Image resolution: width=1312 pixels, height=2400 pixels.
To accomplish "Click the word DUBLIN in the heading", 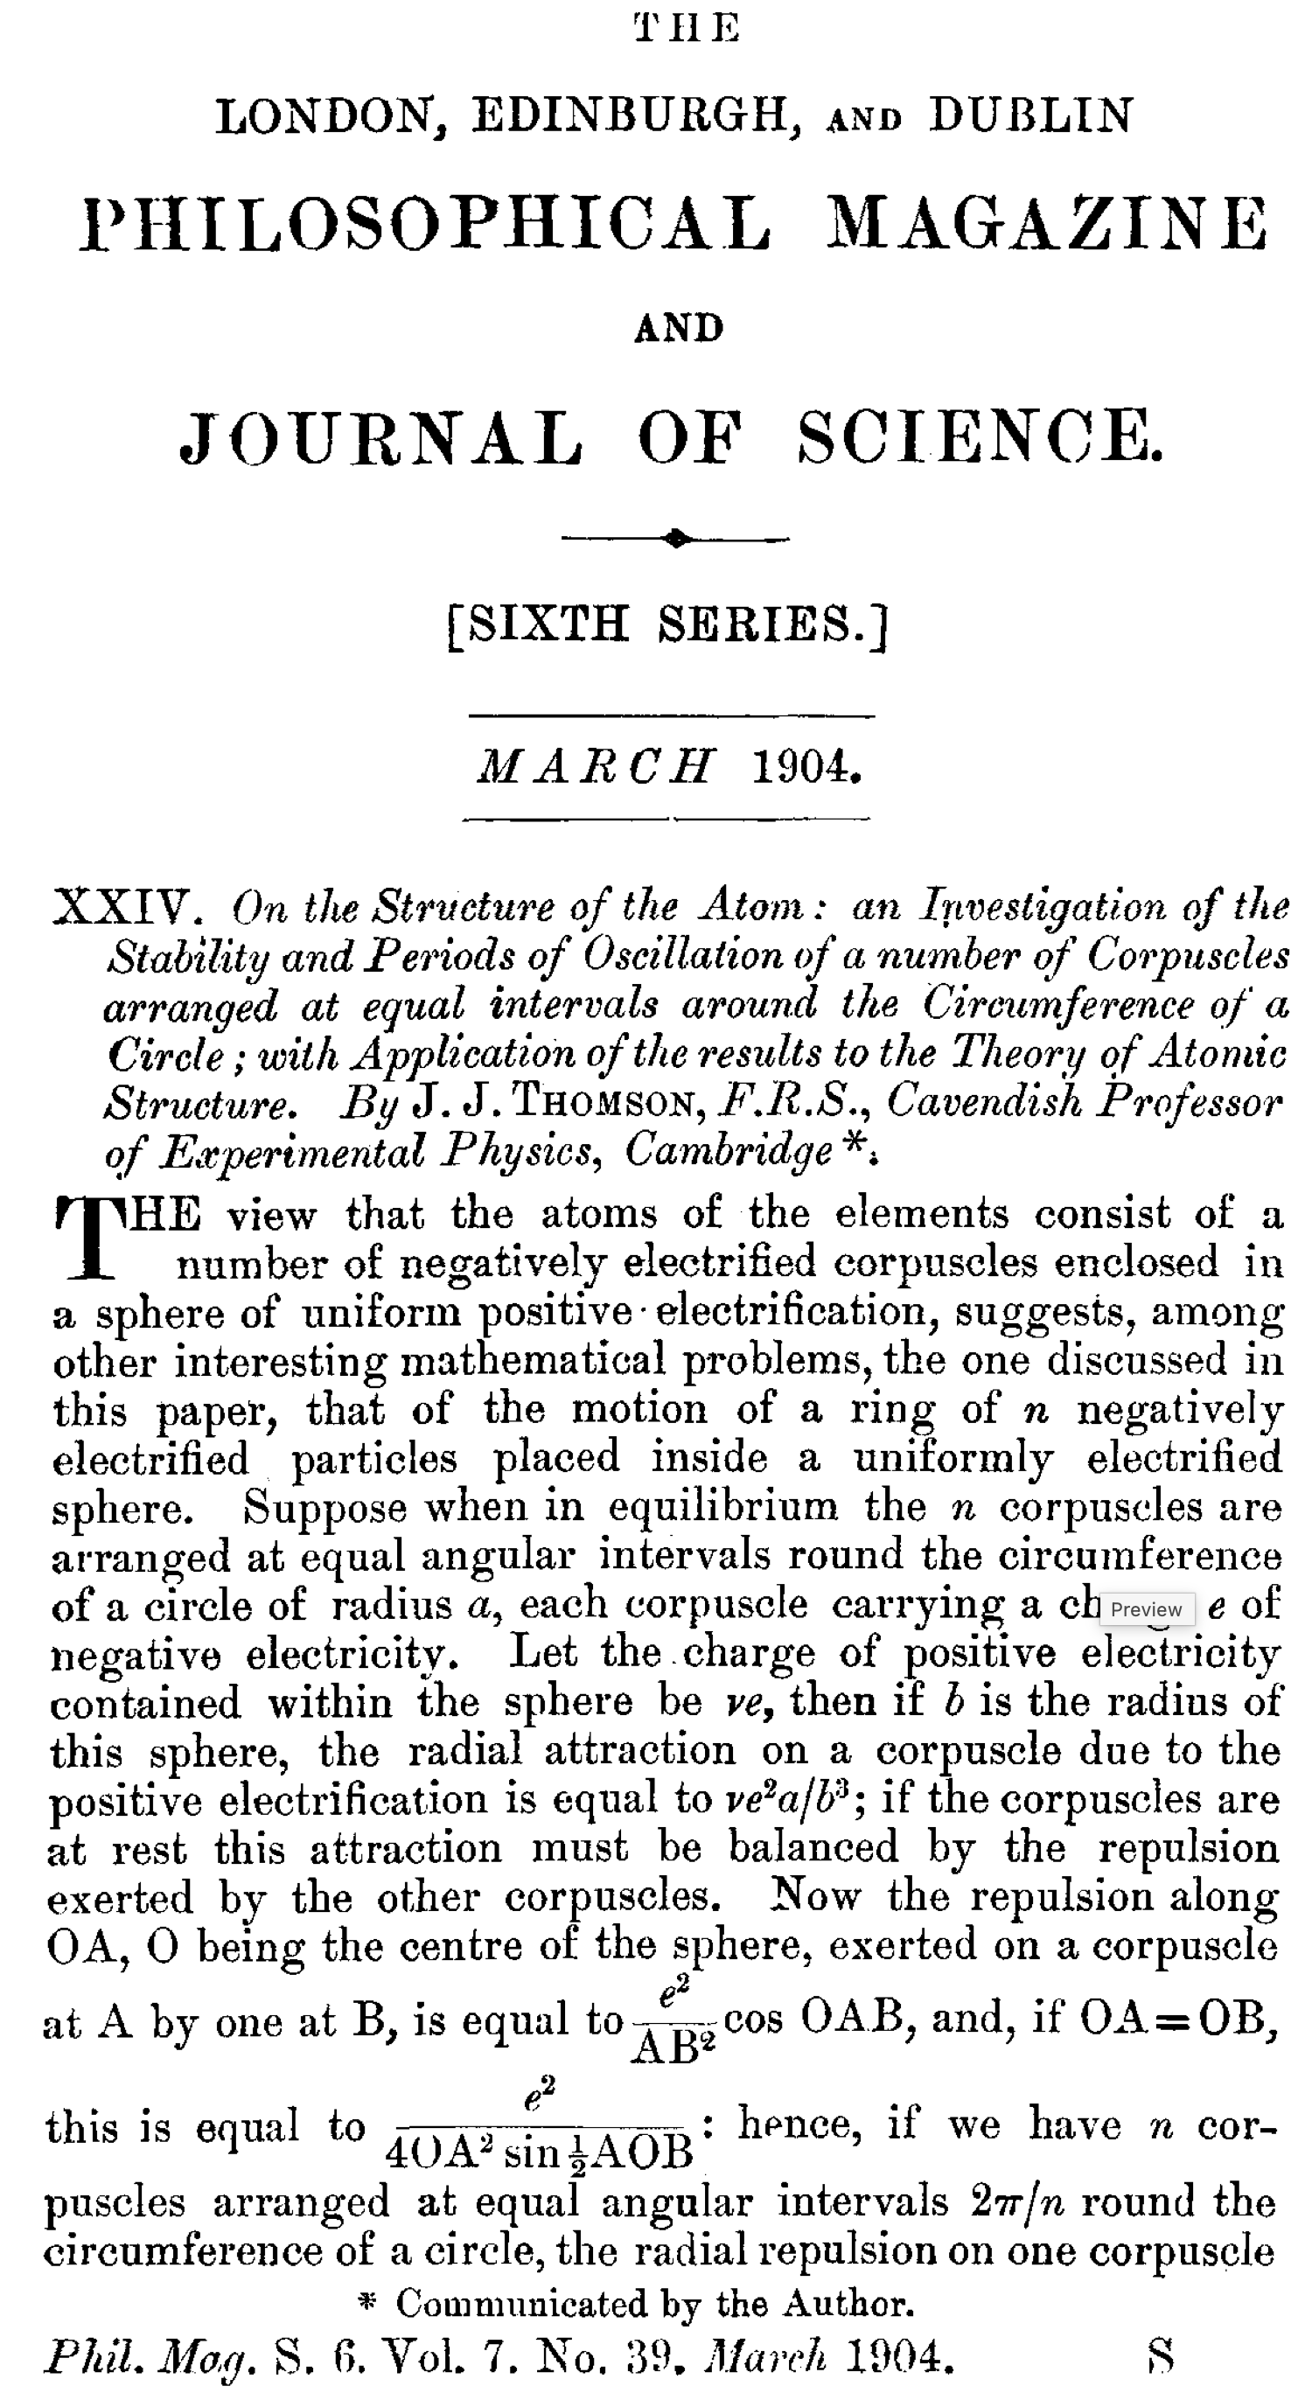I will (1030, 116).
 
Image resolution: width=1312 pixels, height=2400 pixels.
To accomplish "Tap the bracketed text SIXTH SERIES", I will (667, 625).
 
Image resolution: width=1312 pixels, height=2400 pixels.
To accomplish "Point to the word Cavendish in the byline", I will (984, 1102).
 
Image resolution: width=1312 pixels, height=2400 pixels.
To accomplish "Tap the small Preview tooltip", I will (1146, 1609).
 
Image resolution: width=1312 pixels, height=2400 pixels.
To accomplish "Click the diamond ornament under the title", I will (676, 539).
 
